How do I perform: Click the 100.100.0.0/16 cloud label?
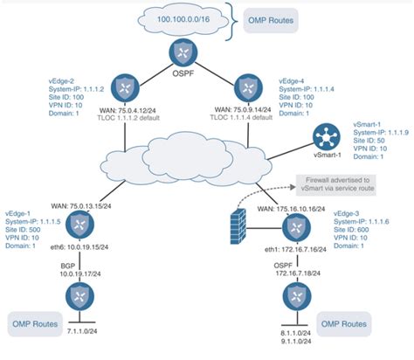pos(182,17)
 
